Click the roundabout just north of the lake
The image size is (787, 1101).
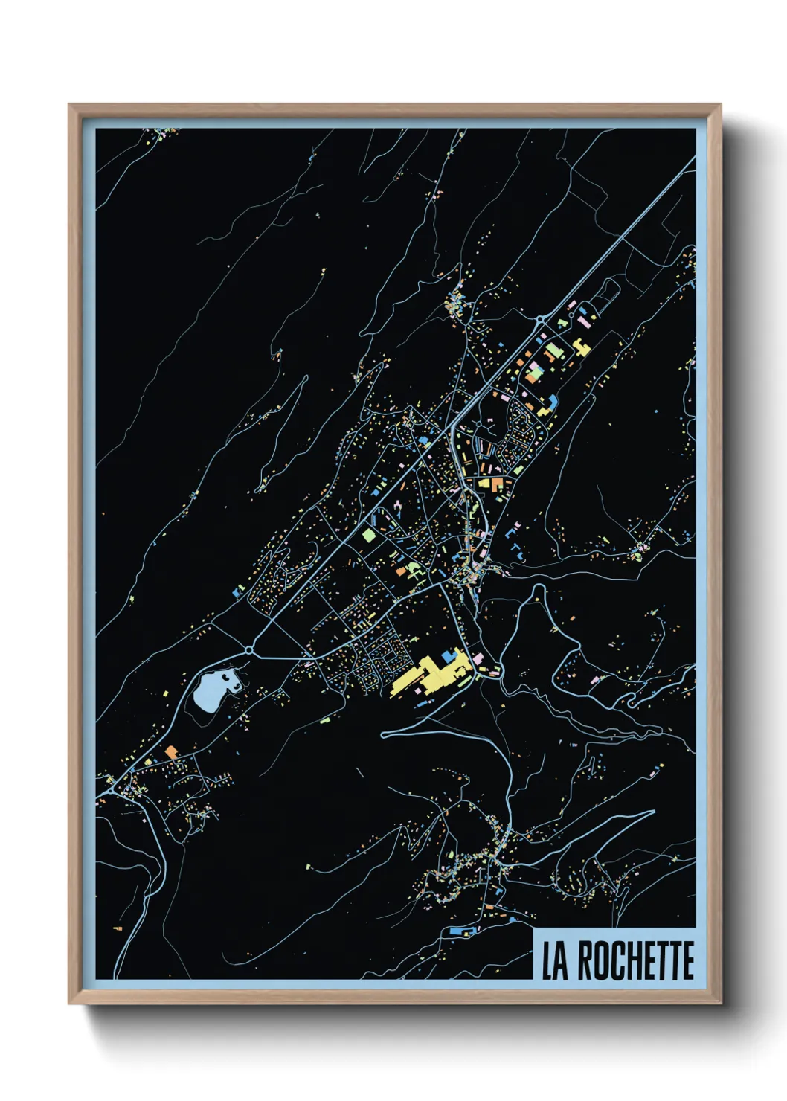248,649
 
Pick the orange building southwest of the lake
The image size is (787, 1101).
172,752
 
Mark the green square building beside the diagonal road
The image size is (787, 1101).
368,534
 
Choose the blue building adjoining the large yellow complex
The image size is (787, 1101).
449,656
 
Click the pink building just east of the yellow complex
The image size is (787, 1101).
477,659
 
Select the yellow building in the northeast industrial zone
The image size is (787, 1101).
579,347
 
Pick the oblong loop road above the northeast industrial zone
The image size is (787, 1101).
608,295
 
